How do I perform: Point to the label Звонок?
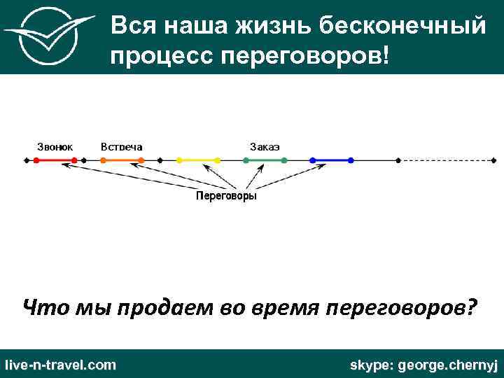(55, 146)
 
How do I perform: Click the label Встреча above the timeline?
(121, 146)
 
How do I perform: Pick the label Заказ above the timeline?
(265, 146)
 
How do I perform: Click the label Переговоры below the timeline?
(225, 197)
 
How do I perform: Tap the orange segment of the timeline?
(122, 160)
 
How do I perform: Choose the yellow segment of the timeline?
(199, 160)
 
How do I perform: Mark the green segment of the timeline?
(265, 160)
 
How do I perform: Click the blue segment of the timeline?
(332, 160)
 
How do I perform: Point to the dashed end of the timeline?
(448, 160)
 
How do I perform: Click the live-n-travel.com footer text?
(60, 365)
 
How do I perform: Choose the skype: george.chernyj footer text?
(423, 365)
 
